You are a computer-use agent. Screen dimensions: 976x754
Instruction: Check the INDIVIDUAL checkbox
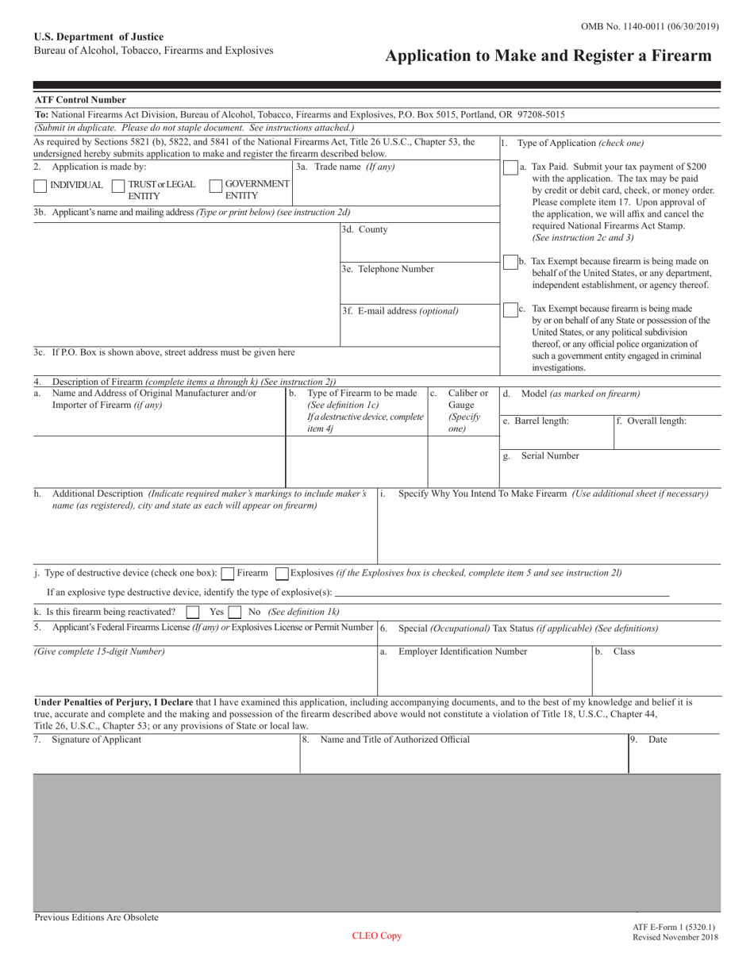(x=40, y=186)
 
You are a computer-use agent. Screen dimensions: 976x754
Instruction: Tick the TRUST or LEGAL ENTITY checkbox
(x=118, y=186)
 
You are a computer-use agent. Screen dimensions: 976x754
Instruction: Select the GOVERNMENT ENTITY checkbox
(x=215, y=186)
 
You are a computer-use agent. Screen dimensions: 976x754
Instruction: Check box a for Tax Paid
(x=510, y=169)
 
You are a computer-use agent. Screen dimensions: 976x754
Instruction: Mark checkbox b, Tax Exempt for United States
(x=510, y=263)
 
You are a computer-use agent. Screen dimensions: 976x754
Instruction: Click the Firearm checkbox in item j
(x=228, y=573)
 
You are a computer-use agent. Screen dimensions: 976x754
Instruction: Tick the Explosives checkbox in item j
(x=281, y=573)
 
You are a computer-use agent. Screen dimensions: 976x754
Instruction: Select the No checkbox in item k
(x=235, y=613)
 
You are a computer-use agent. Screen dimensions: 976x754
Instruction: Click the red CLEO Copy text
(x=377, y=936)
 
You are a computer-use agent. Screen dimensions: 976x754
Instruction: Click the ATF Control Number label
(x=80, y=100)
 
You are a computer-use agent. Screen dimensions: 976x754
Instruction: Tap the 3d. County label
(x=364, y=229)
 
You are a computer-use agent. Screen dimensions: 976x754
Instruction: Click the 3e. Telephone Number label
(x=387, y=269)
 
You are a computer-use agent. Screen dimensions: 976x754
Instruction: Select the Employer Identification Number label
(x=462, y=651)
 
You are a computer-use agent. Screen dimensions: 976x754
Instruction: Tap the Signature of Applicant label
(x=96, y=740)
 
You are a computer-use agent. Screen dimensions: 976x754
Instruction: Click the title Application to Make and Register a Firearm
(x=548, y=56)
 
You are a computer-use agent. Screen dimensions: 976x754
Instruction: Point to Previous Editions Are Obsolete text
(x=96, y=917)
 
